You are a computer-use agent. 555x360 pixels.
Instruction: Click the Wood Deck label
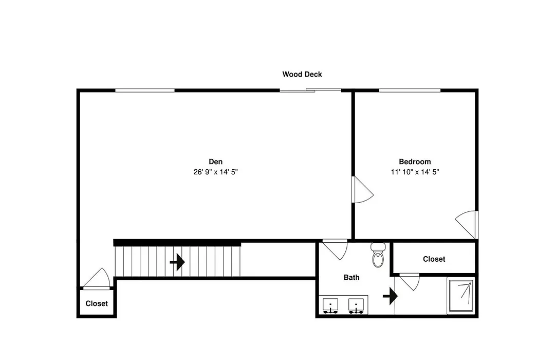(302, 75)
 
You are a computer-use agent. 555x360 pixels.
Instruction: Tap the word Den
(215, 161)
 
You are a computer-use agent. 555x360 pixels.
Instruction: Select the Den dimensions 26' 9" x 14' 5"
(215, 172)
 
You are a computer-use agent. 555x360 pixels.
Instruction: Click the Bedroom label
(415, 161)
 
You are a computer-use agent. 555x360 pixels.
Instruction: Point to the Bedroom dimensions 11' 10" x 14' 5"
(415, 172)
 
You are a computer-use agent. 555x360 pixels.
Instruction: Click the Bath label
(351, 277)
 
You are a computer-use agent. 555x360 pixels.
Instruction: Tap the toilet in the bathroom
(378, 255)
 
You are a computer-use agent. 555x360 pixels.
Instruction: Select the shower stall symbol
(460, 296)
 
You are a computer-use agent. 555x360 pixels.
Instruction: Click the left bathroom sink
(330, 306)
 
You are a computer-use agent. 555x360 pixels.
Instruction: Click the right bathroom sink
(356, 306)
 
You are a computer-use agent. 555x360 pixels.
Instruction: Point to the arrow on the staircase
(177, 262)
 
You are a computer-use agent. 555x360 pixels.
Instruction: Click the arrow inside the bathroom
(390, 296)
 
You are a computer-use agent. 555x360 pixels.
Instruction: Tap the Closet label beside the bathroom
(434, 259)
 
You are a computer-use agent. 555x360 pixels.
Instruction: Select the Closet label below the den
(97, 303)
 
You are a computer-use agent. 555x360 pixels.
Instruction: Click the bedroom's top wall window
(410, 91)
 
